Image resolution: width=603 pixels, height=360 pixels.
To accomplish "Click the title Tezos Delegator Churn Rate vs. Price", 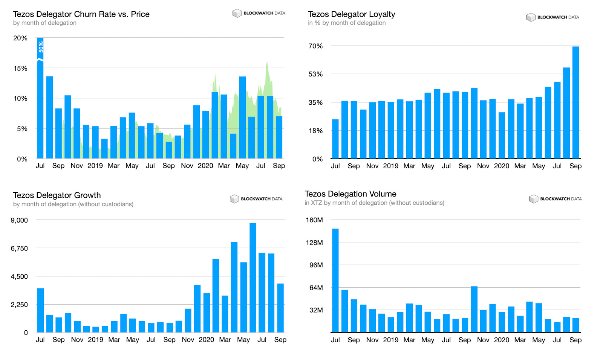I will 81,14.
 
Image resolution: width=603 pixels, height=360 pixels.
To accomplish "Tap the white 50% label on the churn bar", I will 41,47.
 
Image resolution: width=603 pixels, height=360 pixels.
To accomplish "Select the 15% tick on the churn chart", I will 20,69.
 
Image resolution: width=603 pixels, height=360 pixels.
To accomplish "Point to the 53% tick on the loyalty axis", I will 315,74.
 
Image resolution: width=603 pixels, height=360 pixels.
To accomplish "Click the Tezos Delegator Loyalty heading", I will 351,14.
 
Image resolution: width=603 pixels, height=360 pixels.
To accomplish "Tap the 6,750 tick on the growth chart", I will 19,249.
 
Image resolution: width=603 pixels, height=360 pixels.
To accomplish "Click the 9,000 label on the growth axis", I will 19,220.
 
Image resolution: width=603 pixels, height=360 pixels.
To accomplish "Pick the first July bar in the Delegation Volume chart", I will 335,280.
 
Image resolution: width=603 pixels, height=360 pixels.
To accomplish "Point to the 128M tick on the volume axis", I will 314,243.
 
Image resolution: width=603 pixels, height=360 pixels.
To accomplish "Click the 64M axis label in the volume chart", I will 316,288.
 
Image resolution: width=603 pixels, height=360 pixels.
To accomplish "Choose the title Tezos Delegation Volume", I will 350,194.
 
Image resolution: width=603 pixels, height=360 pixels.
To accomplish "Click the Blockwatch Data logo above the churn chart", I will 259,13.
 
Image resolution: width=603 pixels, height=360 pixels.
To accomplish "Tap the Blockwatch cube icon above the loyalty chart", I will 531,17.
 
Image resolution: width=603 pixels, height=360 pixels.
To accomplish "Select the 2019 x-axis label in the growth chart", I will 95,340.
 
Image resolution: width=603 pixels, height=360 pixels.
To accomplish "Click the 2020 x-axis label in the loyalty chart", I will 501,166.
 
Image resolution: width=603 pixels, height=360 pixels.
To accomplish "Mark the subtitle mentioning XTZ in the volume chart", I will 374,203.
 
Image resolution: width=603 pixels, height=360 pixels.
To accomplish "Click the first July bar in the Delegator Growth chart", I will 40,310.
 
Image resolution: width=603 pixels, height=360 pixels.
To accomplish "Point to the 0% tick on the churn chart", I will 22,159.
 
